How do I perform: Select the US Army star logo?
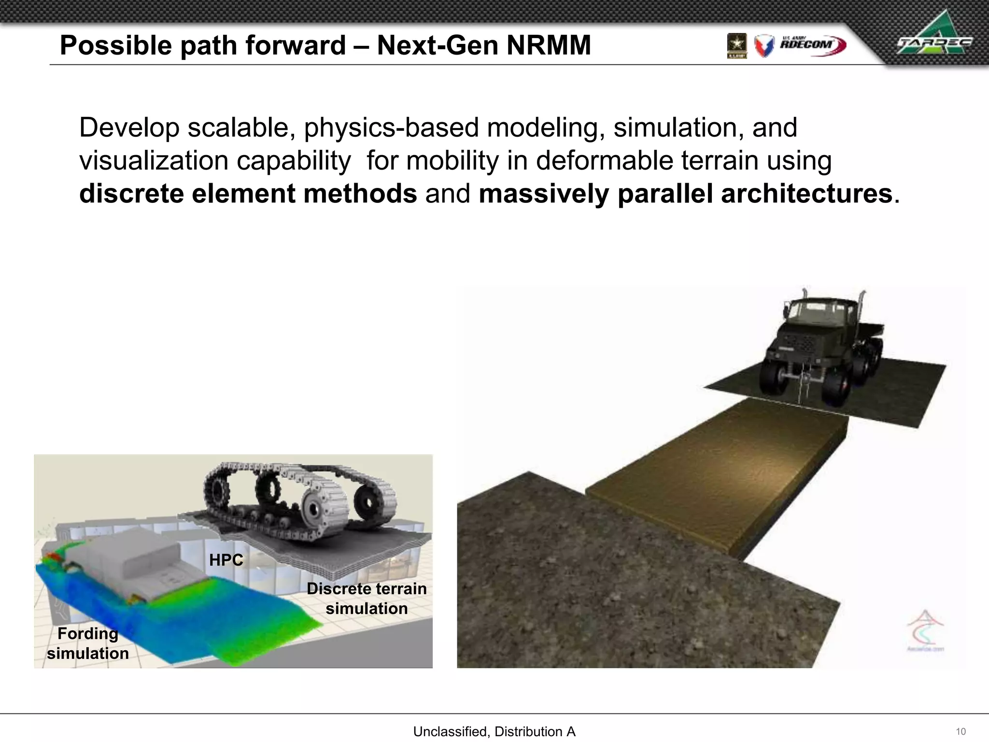[737, 45]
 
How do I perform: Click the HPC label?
[226, 560]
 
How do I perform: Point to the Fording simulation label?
[88, 643]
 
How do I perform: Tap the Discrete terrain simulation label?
[367, 599]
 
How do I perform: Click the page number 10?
[961, 731]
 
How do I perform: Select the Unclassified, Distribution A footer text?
[494, 731]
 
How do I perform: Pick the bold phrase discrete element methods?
[248, 194]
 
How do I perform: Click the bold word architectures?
[806, 194]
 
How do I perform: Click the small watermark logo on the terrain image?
[925, 630]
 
